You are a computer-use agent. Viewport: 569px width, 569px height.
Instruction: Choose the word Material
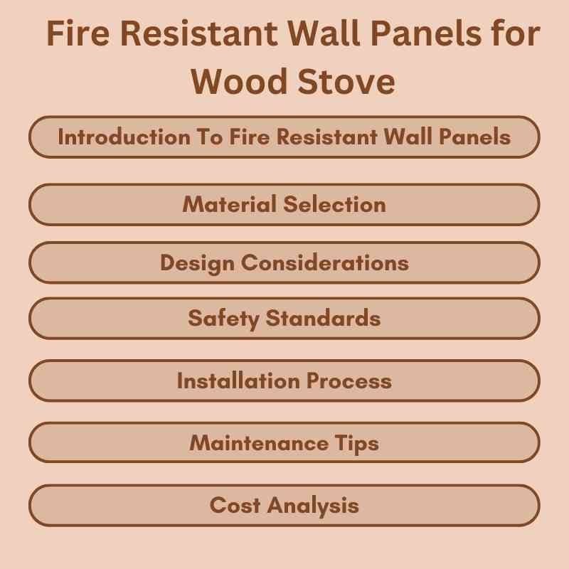coord(229,205)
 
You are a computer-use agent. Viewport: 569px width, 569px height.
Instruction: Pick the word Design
coord(197,263)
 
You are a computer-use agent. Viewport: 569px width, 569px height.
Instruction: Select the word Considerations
coord(325,263)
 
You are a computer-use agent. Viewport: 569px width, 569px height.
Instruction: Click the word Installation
coord(239,381)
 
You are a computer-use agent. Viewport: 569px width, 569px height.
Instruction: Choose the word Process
coord(349,381)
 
